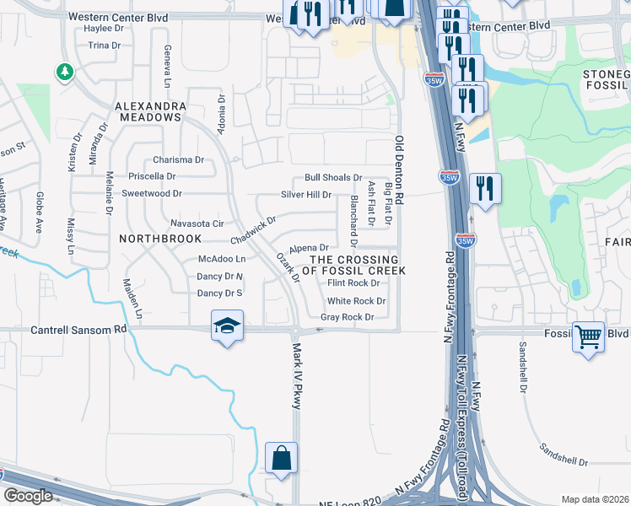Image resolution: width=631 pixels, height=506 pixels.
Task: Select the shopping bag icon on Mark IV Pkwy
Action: (281, 460)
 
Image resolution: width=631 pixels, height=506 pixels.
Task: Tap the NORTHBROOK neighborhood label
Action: (160, 239)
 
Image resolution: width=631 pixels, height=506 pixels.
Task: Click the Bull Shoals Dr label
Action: (333, 178)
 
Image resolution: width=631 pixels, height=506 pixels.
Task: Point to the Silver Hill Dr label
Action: (306, 195)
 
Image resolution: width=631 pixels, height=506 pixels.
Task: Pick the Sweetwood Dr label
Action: (153, 193)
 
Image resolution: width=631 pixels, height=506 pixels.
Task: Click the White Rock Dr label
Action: (356, 301)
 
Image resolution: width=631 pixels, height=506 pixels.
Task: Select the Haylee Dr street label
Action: (105, 28)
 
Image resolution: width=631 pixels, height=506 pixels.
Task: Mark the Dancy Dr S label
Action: (219, 293)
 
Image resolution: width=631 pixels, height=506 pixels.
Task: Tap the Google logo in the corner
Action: (29, 496)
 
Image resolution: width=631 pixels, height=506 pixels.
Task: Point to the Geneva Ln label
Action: (167, 66)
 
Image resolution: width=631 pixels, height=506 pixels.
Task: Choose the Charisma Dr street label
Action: (179, 159)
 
